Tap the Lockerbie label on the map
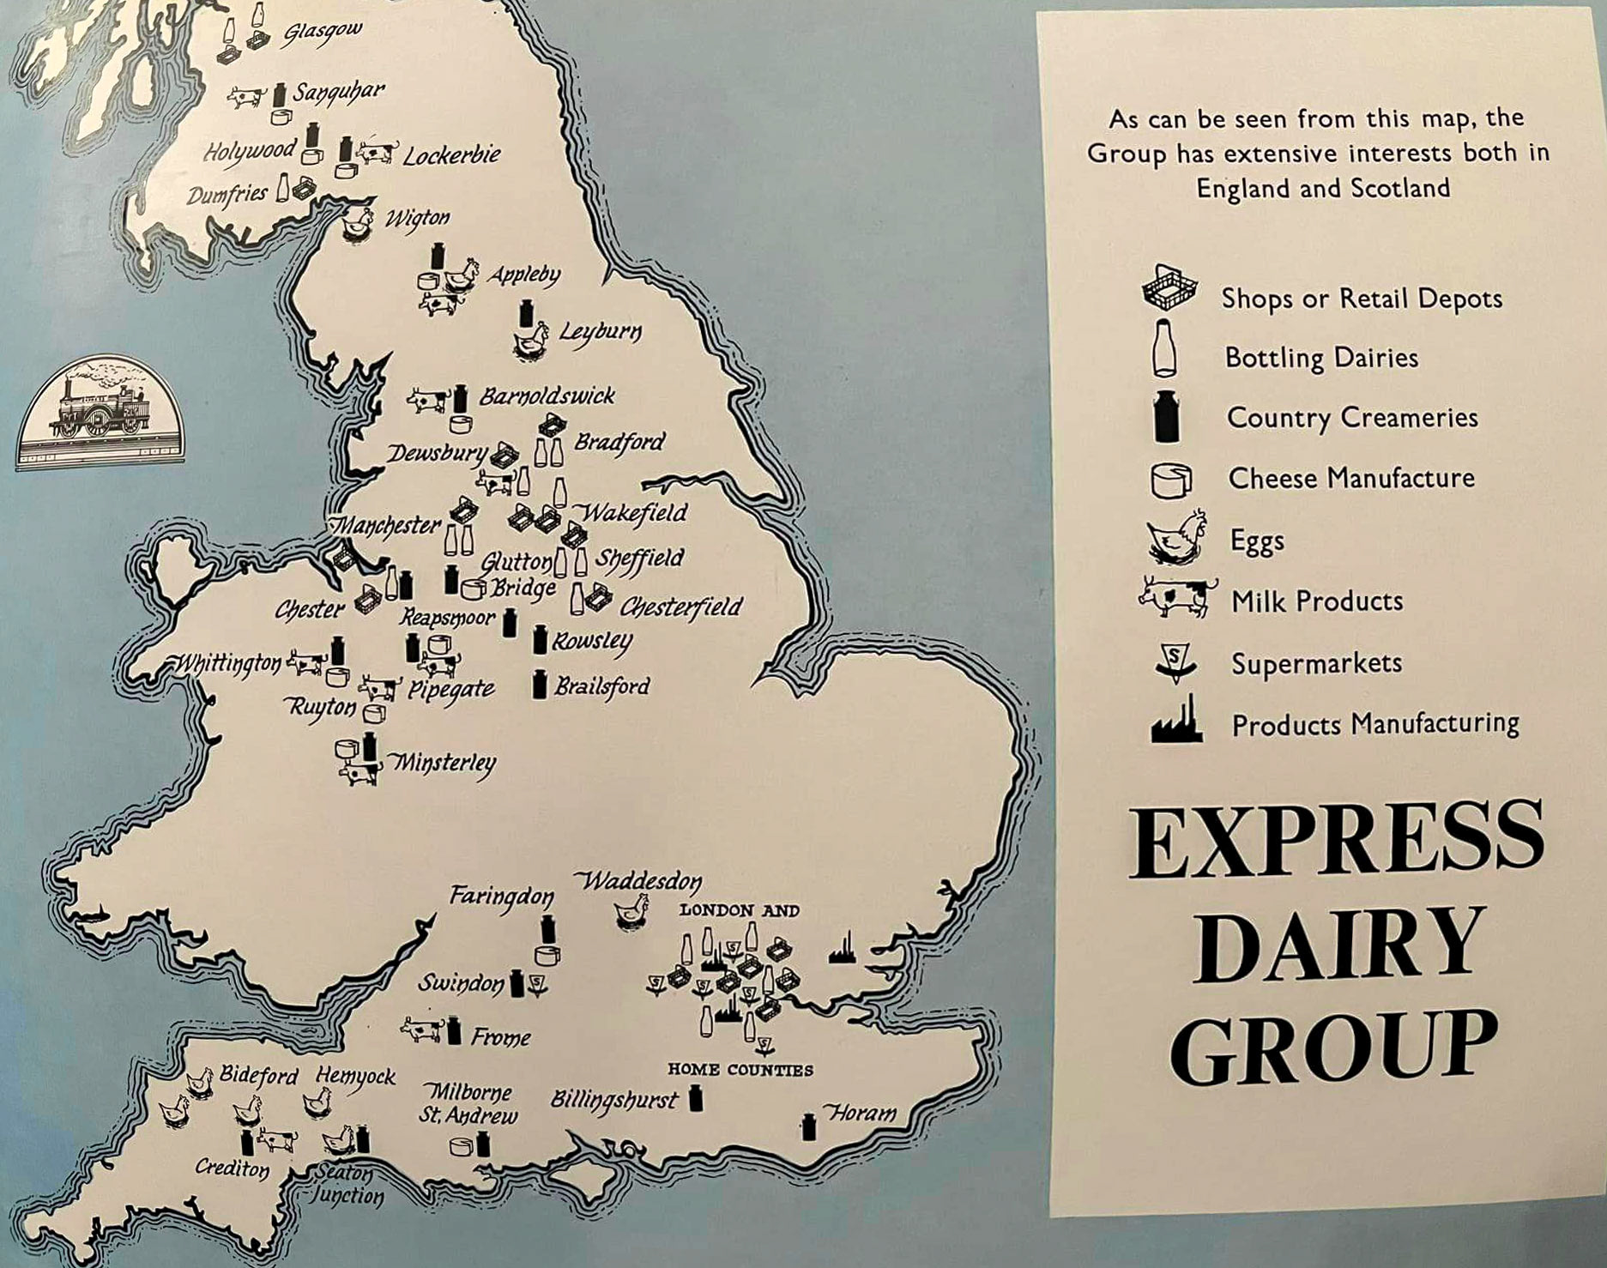pos(451,156)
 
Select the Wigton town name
pos(417,219)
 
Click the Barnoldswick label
pos(547,396)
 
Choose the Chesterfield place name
pos(680,607)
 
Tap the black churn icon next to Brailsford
pos(540,685)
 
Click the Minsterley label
pos(444,762)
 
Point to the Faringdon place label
pos(502,897)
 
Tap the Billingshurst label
pos(614,1099)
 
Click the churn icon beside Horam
pos(808,1126)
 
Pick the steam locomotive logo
pos(100,412)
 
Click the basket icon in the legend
pos(1168,288)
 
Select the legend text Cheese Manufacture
pos(1350,478)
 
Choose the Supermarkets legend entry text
pos(1316,663)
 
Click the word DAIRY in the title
pos(1338,946)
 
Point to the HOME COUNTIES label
pos(740,1070)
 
